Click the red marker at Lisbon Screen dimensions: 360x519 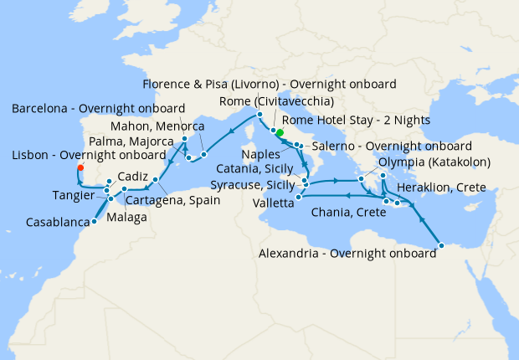(80, 167)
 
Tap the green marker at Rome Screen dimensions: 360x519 (280, 132)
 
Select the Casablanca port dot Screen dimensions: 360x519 (93, 221)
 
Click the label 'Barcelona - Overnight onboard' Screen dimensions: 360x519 (99, 109)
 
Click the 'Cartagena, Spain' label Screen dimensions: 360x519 (173, 200)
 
